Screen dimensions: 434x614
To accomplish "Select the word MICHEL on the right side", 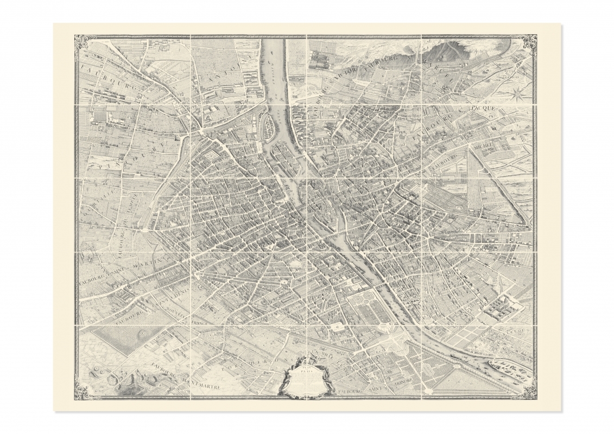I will [483, 146].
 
